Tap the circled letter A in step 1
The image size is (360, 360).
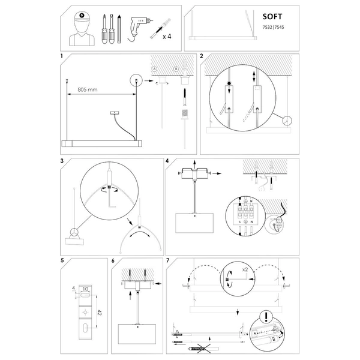pyautogui.click(x=154, y=68)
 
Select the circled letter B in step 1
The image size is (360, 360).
pyautogui.click(x=176, y=68)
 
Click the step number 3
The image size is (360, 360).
pyautogui.click(x=62, y=161)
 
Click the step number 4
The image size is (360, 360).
pyautogui.click(x=167, y=161)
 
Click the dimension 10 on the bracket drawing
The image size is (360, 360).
pyautogui.click(x=86, y=289)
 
